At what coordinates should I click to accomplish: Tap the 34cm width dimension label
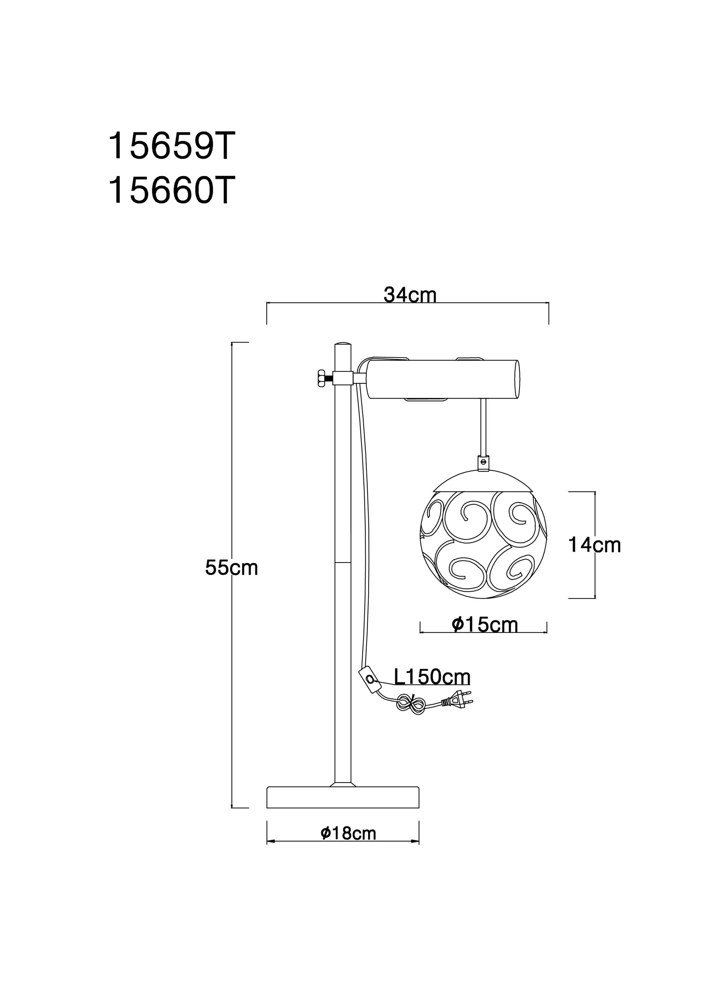pyautogui.click(x=410, y=295)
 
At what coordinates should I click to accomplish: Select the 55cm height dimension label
pyautogui.click(x=232, y=567)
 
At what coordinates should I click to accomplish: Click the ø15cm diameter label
pyautogui.click(x=485, y=624)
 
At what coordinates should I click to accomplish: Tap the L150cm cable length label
pyautogui.click(x=432, y=677)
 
